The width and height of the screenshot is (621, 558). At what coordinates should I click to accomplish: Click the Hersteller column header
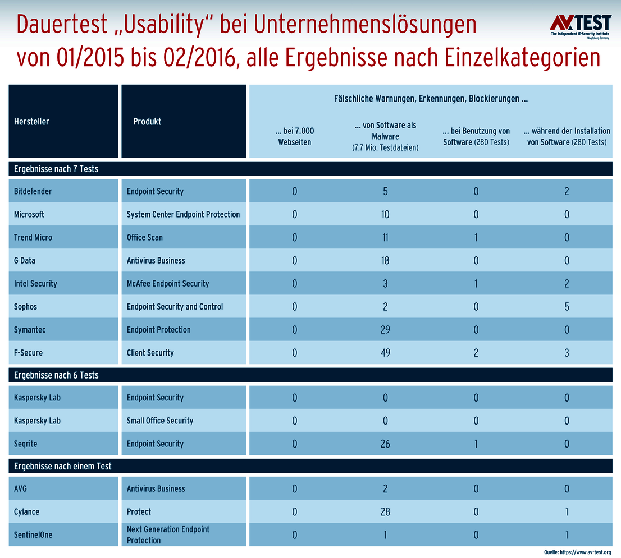[31, 122]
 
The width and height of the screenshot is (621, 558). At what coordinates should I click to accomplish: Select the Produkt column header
[147, 122]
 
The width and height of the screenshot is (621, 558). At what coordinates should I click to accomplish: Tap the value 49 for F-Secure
[385, 353]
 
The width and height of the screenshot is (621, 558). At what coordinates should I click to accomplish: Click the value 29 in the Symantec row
[385, 330]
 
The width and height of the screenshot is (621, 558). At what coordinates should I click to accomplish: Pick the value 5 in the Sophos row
[567, 307]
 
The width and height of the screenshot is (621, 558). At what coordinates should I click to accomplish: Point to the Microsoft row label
[29, 214]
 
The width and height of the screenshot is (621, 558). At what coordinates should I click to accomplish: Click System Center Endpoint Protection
[183, 214]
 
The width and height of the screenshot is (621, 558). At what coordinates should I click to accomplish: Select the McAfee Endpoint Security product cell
[168, 284]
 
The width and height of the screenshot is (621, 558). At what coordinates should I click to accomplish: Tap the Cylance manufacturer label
[27, 511]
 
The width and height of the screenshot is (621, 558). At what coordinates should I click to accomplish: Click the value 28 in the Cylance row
[385, 511]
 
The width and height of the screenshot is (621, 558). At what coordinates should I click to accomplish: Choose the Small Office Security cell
[160, 421]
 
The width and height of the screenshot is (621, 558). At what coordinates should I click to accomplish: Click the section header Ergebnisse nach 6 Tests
[56, 375]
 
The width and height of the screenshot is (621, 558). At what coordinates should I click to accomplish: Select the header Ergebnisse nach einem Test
[63, 466]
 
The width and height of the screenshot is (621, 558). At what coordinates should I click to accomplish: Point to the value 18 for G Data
[385, 261]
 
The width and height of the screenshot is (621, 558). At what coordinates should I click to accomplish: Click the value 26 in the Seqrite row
[385, 444]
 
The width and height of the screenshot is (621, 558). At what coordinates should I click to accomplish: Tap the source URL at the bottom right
[577, 552]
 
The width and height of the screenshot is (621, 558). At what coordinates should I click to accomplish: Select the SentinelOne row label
[33, 534]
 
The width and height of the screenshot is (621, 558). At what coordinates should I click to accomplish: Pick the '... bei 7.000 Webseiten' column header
[295, 136]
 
